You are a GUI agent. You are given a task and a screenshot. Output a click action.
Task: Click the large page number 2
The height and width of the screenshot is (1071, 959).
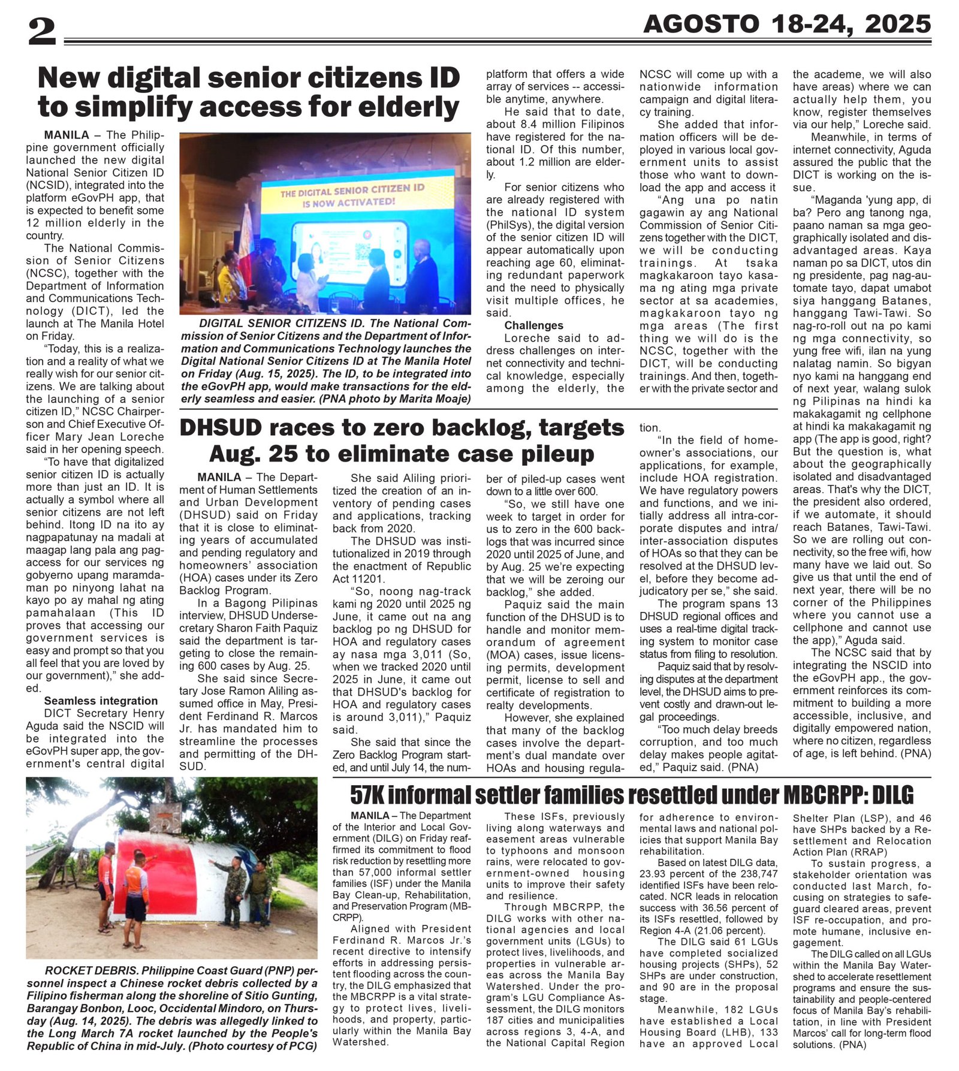coord(41,32)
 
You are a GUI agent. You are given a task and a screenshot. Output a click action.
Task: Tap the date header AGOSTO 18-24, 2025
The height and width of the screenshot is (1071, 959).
coord(786,25)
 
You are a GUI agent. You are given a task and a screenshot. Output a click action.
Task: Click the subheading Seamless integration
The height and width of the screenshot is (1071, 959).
coord(101,701)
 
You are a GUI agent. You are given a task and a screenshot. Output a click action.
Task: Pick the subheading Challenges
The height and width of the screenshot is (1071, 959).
coord(533,325)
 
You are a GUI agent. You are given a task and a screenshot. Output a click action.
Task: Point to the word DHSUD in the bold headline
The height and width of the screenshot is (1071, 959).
coord(221,428)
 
